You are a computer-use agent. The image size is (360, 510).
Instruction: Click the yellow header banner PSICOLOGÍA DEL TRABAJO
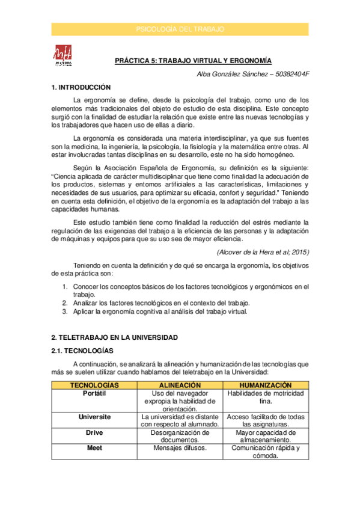[x=180, y=29]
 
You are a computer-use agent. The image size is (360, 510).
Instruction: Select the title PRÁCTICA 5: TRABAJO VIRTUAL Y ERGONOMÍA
[x=194, y=61]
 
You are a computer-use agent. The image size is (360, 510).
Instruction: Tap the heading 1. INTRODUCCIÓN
[x=81, y=87]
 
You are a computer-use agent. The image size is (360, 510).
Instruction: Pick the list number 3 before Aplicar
[x=65, y=312]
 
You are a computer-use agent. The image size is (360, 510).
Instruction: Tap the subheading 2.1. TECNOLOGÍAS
[x=82, y=351]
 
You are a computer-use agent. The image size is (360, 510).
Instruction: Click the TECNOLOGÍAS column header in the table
[x=94, y=385]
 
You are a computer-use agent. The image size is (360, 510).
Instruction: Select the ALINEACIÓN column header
[x=180, y=385]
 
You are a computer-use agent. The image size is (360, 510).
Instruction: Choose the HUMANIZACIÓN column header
[x=266, y=385]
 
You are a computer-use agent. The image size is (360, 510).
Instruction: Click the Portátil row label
[x=94, y=393]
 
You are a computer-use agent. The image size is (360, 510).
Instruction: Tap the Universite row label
[x=94, y=416]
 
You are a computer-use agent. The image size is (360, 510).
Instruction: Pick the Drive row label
[x=94, y=432]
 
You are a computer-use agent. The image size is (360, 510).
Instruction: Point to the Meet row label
[x=94, y=447]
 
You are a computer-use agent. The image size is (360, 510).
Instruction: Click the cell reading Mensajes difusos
[x=180, y=447]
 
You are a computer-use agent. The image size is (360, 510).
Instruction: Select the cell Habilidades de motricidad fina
[x=266, y=397]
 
